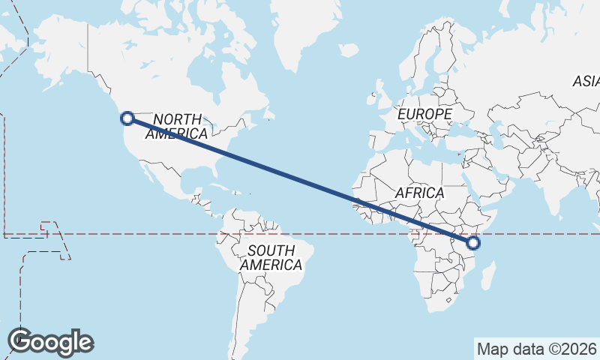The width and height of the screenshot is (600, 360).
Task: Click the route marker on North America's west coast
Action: [127, 118]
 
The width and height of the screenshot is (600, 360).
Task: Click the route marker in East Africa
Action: [473, 242]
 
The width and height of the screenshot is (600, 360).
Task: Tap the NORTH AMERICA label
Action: [177, 126]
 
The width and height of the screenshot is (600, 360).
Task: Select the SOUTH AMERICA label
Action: [271, 257]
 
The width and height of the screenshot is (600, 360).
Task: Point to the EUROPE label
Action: [424, 114]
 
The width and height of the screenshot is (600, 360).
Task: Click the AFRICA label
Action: [419, 193]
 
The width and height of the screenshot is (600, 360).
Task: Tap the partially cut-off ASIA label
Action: [586, 81]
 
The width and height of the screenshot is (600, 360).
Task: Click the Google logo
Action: [50, 341]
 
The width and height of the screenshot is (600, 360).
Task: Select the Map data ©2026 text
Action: [536, 349]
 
